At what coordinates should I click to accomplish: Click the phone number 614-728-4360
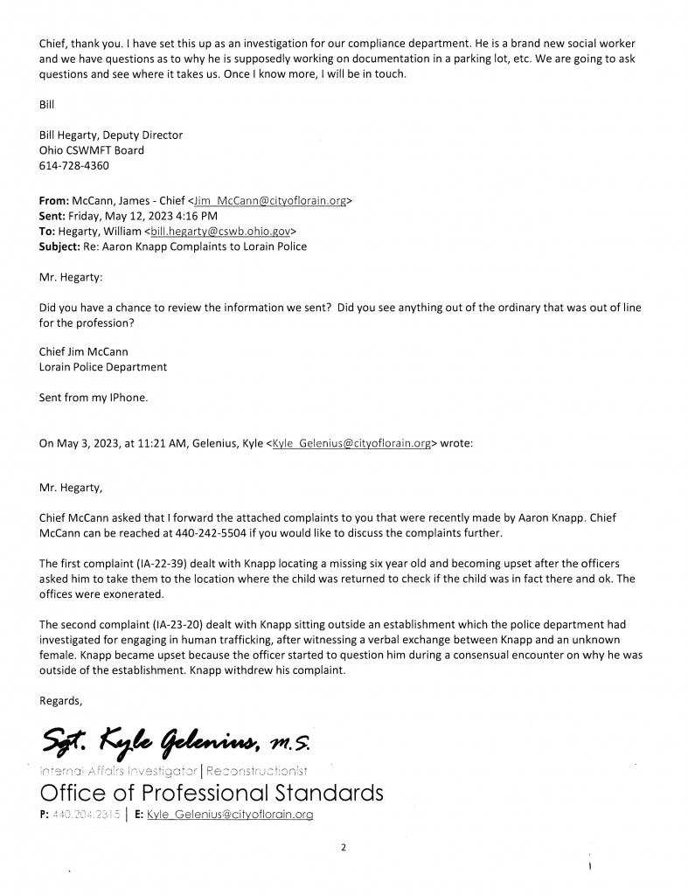[75, 165]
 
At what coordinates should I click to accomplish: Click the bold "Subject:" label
[66, 247]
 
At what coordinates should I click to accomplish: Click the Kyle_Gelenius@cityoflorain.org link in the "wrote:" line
[353, 444]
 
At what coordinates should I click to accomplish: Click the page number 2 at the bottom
[344, 847]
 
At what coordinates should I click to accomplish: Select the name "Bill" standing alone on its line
[47, 104]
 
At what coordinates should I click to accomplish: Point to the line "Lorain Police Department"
[104, 367]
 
